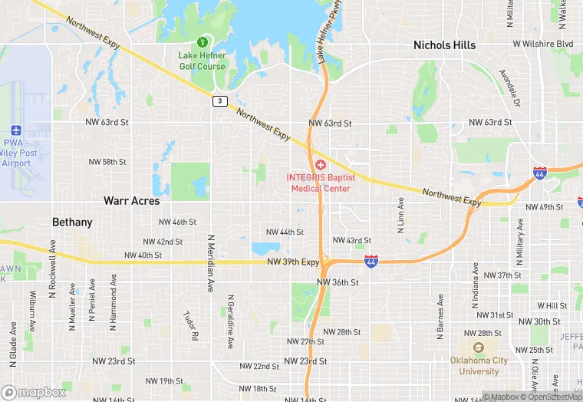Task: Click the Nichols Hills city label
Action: [x=444, y=45]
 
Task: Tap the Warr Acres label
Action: [x=132, y=201]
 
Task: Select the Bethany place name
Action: [x=72, y=222]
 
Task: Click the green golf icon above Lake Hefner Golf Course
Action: [x=203, y=41]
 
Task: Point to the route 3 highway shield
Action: [x=220, y=101]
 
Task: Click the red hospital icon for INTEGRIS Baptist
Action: [x=320, y=165]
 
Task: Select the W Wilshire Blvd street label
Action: [x=542, y=44]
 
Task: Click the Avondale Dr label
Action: [x=510, y=88]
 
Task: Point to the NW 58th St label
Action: [x=107, y=162]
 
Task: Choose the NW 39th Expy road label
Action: [x=293, y=262]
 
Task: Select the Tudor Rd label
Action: [x=190, y=325]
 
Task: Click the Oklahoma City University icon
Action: [x=479, y=347]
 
